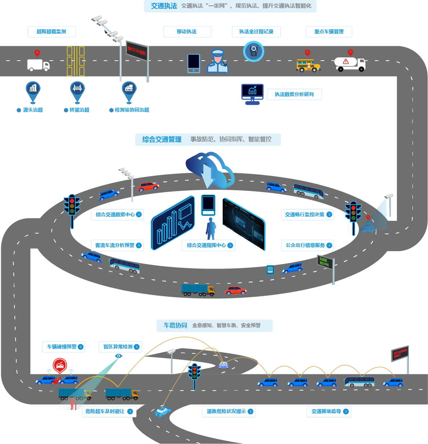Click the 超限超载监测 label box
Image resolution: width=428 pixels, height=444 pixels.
[51, 32]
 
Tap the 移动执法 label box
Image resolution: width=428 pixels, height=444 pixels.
[187, 32]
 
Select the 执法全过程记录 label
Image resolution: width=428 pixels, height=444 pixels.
[256, 32]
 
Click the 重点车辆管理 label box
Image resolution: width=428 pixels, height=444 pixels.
[329, 32]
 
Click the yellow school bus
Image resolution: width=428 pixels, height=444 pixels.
[308, 66]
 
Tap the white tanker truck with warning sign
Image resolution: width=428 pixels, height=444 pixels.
[350, 64]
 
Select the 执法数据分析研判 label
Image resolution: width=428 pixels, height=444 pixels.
[294, 95]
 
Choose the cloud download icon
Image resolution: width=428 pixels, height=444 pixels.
[210, 170]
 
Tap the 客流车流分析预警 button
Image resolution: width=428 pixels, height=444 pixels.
[117, 245]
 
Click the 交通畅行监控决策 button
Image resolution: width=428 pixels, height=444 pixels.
[308, 215]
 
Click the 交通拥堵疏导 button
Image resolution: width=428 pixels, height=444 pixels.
[329, 412]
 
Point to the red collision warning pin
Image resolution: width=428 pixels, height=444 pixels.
[60, 365]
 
